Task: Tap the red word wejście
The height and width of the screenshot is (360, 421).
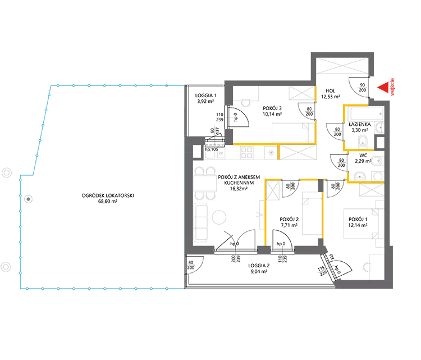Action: pyautogui.click(x=392, y=87)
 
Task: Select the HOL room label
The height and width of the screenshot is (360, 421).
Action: pyautogui.click(x=330, y=91)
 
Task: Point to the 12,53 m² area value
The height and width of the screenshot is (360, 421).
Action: pyautogui.click(x=331, y=97)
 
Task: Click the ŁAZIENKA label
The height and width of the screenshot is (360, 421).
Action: pyautogui.click(x=360, y=124)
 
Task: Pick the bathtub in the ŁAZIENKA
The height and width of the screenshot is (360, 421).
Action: pyautogui.click(x=367, y=114)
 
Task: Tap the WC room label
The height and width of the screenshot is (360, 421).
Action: pyautogui.click(x=363, y=155)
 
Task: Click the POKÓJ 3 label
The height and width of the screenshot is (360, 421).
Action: pyautogui.click(x=272, y=108)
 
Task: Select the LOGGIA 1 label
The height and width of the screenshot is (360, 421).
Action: pyautogui.click(x=205, y=95)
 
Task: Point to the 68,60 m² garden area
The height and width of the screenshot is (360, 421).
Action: pyautogui.click(x=108, y=202)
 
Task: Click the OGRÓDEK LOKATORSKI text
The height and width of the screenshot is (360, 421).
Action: pyautogui.click(x=108, y=195)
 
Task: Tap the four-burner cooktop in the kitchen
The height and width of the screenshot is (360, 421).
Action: pyautogui.click(x=246, y=152)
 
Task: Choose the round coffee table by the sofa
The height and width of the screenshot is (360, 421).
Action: pyautogui.click(x=219, y=217)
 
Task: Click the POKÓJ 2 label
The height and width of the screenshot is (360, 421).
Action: pyautogui.click(x=289, y=220)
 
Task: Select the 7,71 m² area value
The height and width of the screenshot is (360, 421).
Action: pyautogui.click(x=289, y=225)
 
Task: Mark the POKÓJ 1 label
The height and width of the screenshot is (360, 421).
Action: pyautogui.click(x=358, y=220)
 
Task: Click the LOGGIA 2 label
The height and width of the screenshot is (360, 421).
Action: pyautogui.click(x=259, y=266)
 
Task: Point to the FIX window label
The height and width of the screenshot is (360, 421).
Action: pyautogui.click(x=332, y=257)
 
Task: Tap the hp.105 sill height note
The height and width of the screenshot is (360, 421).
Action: pyautogui.click(x=212, y=149)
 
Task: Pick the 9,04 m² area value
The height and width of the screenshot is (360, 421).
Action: pyautogui.click(x=259, y=272)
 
